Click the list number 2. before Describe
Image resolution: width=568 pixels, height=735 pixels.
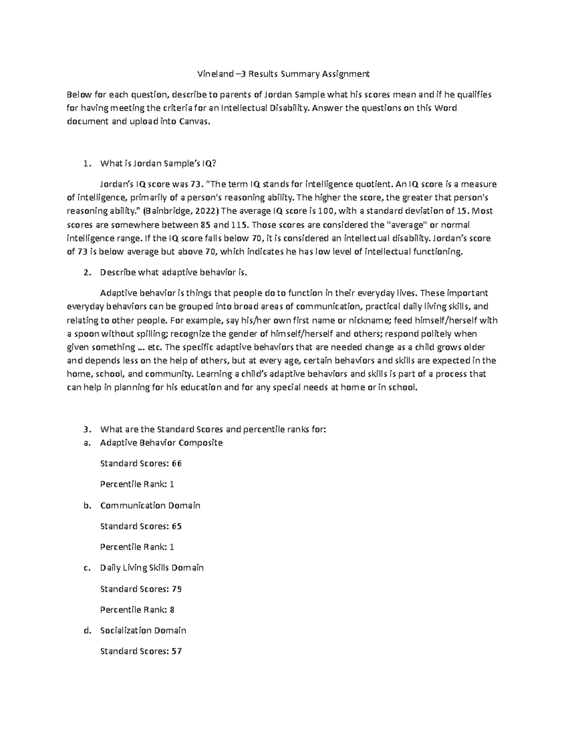86,273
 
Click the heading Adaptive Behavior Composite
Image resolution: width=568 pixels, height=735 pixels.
161,443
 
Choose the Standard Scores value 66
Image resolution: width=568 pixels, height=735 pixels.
177,464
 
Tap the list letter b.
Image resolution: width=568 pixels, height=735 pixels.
86,505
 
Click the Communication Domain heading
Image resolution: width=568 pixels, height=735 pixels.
150,505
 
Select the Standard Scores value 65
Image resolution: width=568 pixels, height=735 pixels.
177,526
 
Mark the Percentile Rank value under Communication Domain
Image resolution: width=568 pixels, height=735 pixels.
172,547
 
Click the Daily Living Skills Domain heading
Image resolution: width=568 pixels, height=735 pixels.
151,568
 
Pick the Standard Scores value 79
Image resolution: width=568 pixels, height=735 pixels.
177,589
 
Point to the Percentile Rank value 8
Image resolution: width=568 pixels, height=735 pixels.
172,610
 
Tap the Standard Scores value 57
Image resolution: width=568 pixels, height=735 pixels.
177,651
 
